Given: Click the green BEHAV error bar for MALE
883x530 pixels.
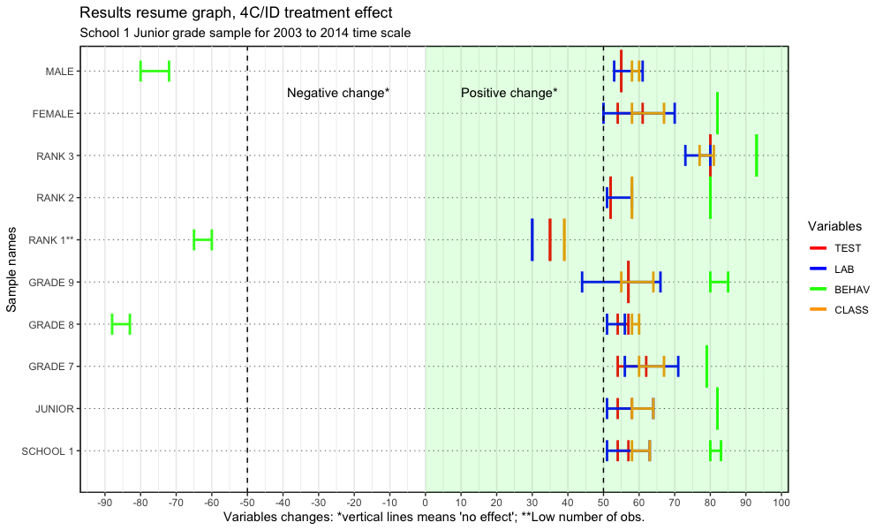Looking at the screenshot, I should point(155,72).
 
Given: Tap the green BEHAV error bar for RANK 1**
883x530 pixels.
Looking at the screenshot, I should point(203,239).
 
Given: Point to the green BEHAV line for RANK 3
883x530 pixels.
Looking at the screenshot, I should point(757,155).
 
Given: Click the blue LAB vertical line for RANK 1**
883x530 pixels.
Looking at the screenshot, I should point(532,239).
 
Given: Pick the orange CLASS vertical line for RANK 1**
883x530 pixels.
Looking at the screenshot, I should point(564,239).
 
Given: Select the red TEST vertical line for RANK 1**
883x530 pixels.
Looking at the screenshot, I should point(550,239).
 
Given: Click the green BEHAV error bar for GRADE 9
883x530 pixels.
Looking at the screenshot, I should point(719,282).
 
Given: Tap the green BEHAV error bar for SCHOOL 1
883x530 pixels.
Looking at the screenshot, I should point(715,450).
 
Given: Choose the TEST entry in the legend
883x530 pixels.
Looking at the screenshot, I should point(847,248).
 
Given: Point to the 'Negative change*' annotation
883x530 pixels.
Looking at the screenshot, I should point(338,93).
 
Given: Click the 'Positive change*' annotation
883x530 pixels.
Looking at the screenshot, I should point(509,93).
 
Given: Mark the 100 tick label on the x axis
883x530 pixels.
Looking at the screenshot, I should point(781,503).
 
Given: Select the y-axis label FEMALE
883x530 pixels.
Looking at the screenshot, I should point(53,114).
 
